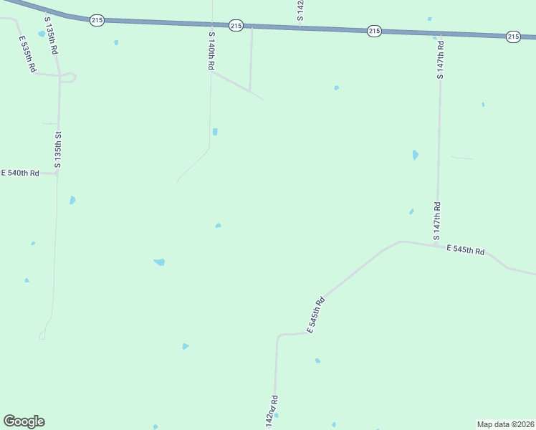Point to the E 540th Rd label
tap(20, 173)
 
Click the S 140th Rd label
tap(211, 50)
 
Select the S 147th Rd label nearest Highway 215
tap(441, 59)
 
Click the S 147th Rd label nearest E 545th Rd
tap(436, 221)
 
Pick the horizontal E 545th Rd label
tap(466, 250)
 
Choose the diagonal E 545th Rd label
tap(317, 315)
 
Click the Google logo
tap(24, 421)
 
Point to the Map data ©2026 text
tap(505, 424)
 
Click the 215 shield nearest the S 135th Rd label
tap(97, 20)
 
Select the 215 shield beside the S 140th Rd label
tap(236, 26)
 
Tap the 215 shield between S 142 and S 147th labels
tap(373, 31)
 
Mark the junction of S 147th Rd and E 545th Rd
tap(435, 245)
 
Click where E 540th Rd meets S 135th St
tap(57, 173)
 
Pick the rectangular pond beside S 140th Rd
tap(215, 132)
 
